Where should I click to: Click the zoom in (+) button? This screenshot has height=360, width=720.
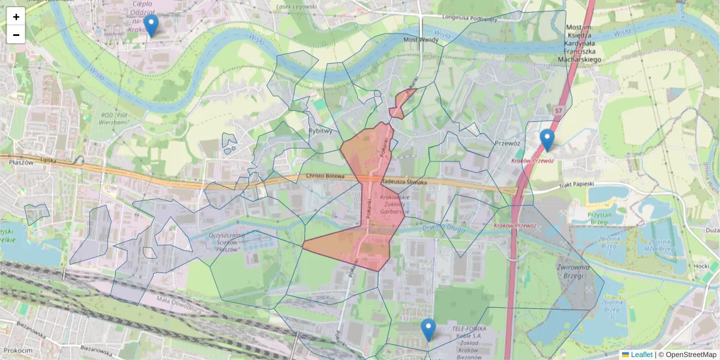[x=16, y=17]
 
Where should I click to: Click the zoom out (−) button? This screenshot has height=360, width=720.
[x=16, y=35]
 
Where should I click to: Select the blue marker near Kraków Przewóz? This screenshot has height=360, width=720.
[x=547, y=140]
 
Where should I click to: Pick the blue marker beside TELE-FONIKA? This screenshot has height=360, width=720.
[x=428, y=330]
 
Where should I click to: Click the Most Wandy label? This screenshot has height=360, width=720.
[x=421, y=40]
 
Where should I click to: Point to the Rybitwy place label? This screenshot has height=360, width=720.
[x=320, y=130]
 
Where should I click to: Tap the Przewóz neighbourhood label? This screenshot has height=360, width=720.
[x=507, y=143]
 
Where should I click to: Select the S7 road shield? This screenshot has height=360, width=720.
[x=559, y=111]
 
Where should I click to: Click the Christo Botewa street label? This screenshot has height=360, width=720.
[x=324, y=176]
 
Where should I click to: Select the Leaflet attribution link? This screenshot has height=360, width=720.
[x=641, y=355]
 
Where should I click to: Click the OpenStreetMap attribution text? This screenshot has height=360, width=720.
[x=691, y=355]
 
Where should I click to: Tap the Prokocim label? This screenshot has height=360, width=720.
[x=17, y=350]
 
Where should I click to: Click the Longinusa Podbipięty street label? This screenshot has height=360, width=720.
[x=469, y=17]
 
